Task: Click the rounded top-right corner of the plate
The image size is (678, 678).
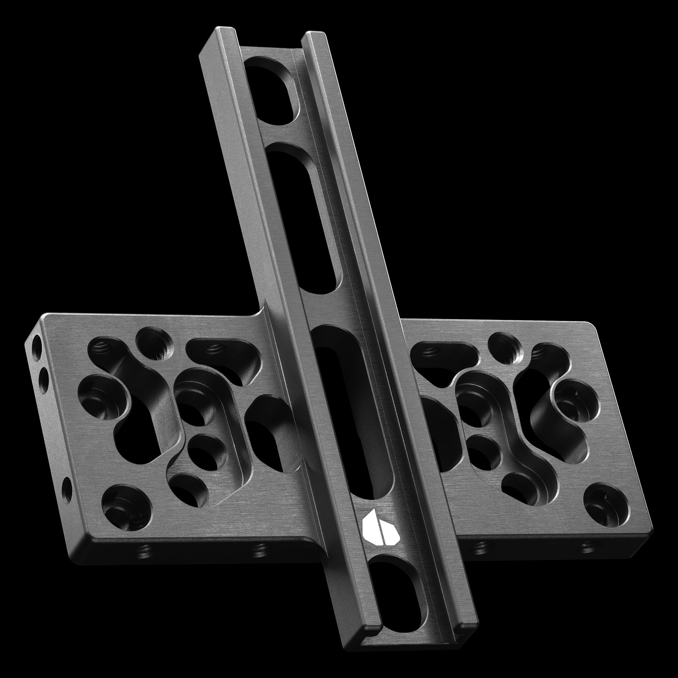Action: point(592,326)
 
